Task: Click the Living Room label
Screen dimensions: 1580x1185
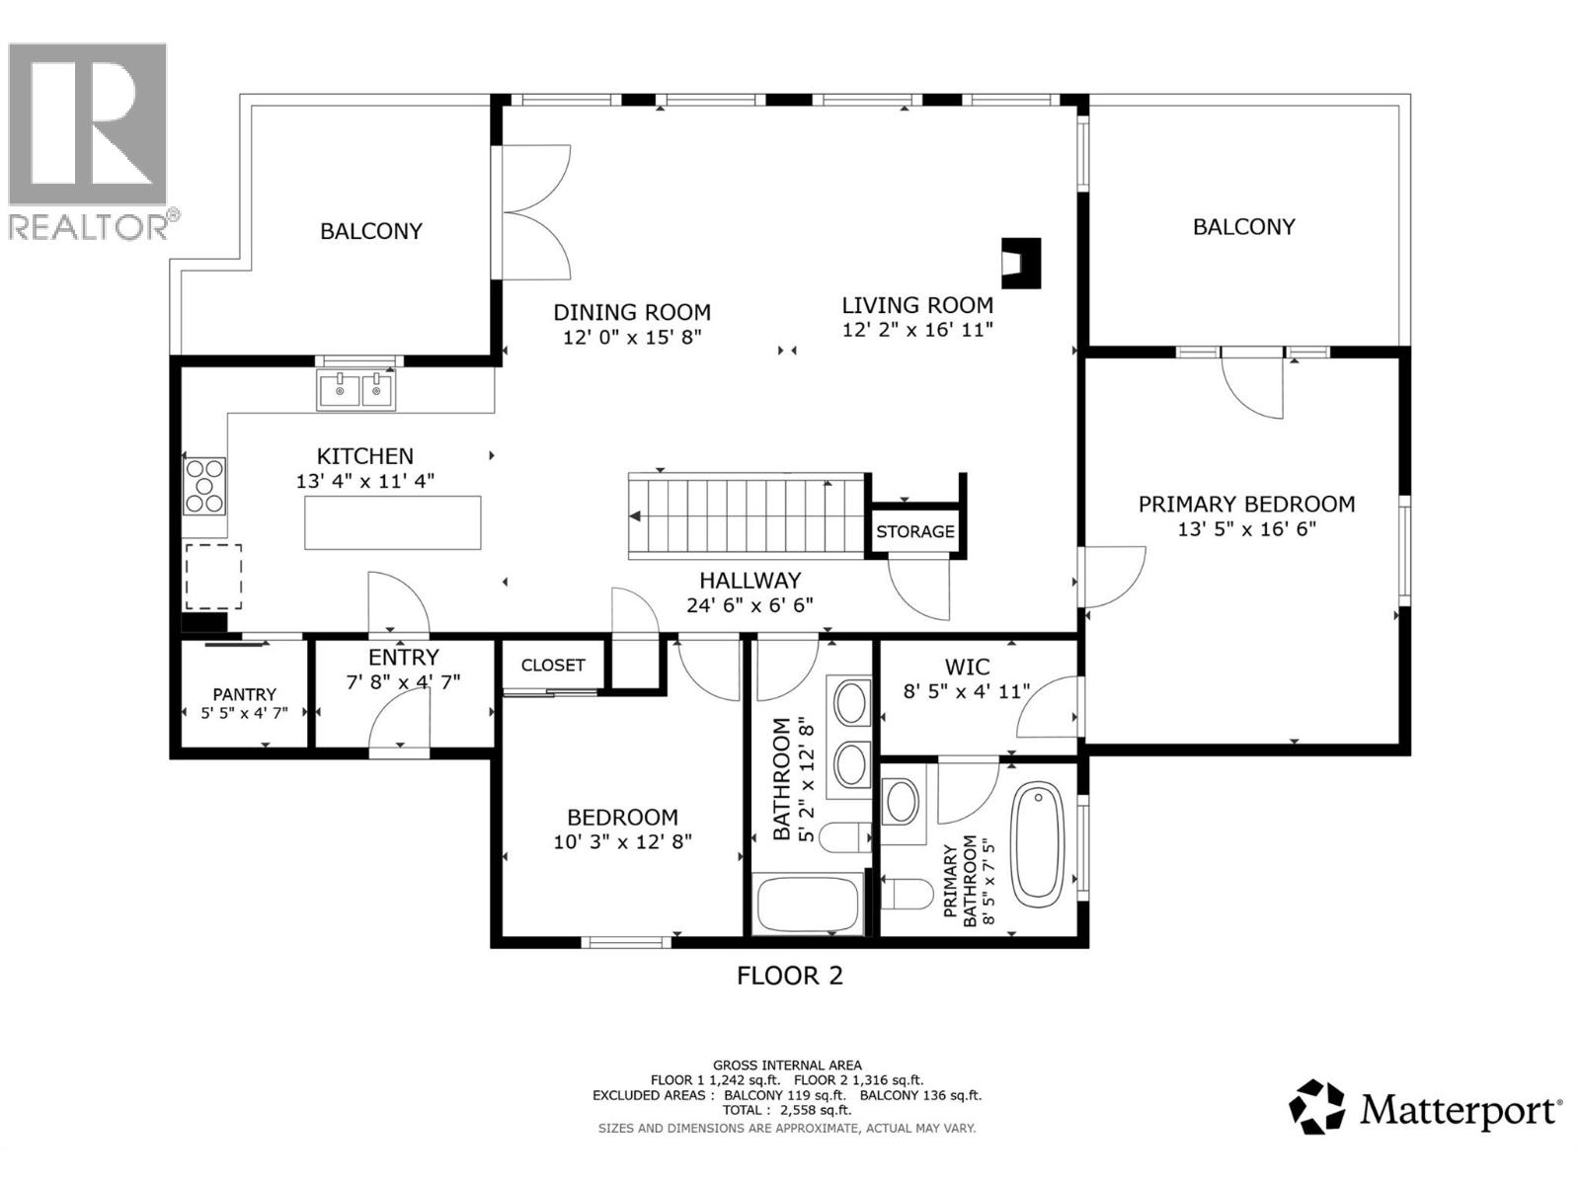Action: pos(917,305)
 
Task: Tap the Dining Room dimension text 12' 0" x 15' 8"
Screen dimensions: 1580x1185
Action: pos(632,337)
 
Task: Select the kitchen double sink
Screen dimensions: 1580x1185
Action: pos(355,390)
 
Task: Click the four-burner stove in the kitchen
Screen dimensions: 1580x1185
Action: pos(204,486)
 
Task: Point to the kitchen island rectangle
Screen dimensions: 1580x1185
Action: pos(393,522)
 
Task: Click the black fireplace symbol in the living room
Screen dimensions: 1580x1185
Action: pos(1021,264)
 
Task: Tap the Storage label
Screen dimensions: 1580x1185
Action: pos(914,531)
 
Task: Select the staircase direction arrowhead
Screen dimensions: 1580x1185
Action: pos(635,515)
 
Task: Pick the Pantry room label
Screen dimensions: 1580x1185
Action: pos(244,694)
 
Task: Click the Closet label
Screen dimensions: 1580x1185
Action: pos(553,666)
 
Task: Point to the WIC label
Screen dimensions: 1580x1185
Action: pos(967,667)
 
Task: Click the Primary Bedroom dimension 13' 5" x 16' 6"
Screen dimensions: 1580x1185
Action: pos(1247,529)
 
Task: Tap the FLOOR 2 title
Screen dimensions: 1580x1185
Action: pos(790,976)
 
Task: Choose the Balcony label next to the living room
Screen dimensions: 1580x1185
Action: pos(1244,227)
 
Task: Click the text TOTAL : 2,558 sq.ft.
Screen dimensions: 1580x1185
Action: pos(787,1110)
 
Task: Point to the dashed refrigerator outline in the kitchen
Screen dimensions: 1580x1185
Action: pos(213,577)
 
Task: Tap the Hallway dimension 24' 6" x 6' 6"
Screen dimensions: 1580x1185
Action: pos(750,605)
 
